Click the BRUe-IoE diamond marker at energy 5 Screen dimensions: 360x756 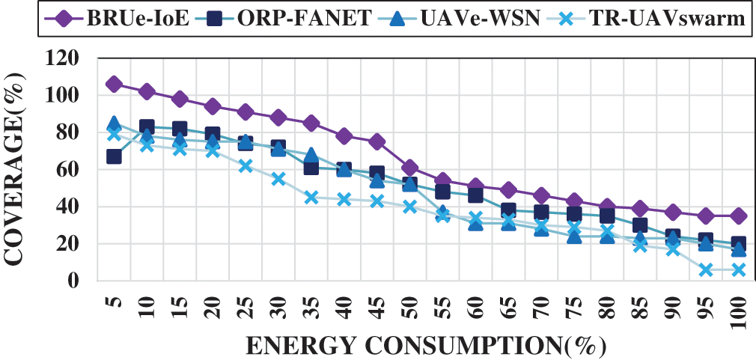[x=114, y=84]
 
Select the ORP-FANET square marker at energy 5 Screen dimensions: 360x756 [x=114, y=156]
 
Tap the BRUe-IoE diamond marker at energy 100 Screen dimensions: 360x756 [x=739, y=216]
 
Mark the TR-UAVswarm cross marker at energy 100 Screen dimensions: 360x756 [x=739, y=269]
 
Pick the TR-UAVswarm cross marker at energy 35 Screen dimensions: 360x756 [x=311, y=198]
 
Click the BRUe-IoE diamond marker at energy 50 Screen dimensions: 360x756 [x=410, y=168]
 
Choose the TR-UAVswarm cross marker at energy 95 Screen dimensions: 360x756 [x=706, y=269]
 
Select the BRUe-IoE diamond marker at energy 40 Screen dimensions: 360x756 [x=344, y=135]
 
